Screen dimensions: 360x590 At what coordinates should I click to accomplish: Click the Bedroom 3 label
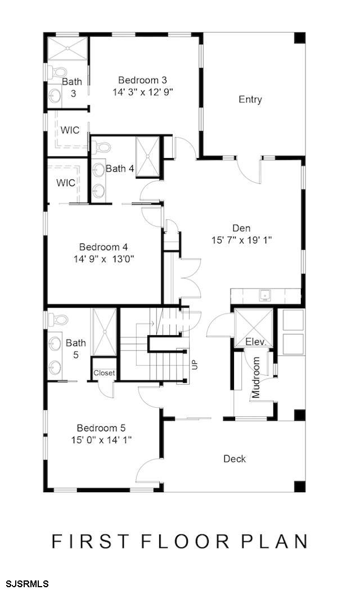tap(142, 80)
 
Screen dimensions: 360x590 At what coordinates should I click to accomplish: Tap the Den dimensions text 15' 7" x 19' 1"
tap(241, 240)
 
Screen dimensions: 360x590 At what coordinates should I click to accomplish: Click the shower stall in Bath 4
tap(147, 156)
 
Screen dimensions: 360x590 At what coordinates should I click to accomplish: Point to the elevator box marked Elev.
tap(253, 328)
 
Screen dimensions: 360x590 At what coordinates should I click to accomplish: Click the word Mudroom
tap(256, 377)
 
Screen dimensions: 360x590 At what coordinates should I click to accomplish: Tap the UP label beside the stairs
tap(195, 364)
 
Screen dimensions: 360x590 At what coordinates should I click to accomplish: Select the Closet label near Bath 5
tap(104, 373)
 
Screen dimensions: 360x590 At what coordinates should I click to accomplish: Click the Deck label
tap(235, 459)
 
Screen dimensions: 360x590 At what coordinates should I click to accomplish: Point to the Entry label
tap(250, 100)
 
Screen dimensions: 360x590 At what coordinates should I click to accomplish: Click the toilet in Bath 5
tap(58, 321)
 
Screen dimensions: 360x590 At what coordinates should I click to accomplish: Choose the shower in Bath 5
tap(104, 332)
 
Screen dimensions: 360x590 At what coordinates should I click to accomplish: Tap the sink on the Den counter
tap(265, 295)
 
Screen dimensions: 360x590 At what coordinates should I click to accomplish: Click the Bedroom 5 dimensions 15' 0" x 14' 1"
tap(102, 440)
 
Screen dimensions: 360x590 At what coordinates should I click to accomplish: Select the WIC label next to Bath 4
tap(66, 183)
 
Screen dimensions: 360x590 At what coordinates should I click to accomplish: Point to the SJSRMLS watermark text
tap(24, 584)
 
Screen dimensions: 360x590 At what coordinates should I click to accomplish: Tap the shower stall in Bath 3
tap(67, 48)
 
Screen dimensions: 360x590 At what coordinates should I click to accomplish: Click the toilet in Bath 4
tap(101, 147)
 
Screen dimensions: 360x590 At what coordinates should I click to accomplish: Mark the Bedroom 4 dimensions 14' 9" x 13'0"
tap(104, 259)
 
